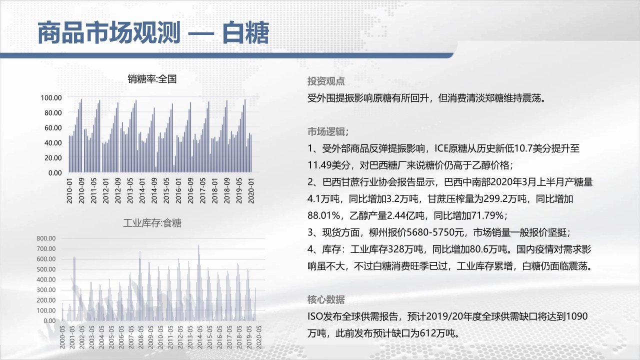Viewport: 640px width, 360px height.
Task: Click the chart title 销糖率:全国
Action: point(152,79)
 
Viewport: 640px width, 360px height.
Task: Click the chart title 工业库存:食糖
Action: point(152,223)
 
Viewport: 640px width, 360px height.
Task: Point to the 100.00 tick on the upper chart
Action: point(51,98)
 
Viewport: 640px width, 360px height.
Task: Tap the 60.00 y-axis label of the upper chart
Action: point(53,128)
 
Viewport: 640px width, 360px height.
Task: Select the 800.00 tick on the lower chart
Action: point(46,238)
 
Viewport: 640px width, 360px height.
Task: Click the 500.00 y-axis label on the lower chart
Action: point(46,269)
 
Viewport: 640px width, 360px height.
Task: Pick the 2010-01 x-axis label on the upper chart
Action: point(69,191)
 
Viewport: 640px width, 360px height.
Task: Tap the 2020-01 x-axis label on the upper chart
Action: point(251,191)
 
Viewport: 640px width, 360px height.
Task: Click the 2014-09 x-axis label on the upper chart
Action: point(154,191)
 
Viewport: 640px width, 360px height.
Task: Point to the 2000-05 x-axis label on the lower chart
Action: point(62,337)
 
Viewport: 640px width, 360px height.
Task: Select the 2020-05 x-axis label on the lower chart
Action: point(258,337)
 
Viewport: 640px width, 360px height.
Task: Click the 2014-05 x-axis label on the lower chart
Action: point(199,337)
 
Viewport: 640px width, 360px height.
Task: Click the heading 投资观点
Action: point(326,81)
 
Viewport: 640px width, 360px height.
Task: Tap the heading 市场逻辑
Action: point(326,131)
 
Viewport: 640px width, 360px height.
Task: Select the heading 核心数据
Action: point(326,299)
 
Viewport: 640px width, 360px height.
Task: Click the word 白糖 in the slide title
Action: point(245,33)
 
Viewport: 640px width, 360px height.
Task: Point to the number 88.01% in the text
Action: point(323,215)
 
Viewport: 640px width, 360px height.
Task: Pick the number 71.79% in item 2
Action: point(487,215)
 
